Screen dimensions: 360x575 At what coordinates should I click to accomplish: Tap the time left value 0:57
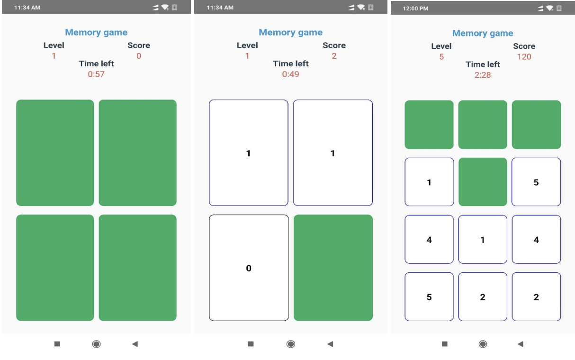96,74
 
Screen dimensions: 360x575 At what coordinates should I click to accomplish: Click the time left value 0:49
290,74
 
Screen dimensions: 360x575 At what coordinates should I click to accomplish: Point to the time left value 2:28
483,75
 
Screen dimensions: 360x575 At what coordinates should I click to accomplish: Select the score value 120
524,57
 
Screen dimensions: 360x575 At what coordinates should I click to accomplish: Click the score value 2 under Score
334,56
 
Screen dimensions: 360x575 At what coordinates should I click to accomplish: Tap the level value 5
441,57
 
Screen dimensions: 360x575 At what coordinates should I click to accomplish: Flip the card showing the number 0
249,268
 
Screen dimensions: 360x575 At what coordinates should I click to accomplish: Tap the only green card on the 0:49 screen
333,268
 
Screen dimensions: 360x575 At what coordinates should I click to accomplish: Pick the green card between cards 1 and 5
483,182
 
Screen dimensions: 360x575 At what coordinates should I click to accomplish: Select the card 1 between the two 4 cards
483,240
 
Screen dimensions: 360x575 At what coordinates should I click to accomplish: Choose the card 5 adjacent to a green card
536,182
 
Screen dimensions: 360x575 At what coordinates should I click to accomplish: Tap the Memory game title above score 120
483,33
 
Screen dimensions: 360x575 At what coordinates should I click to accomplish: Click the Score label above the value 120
524,46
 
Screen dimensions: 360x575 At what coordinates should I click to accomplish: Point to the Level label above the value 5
441,46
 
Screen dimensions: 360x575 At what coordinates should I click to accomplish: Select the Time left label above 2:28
483,64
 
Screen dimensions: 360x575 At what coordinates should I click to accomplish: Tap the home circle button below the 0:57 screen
96,344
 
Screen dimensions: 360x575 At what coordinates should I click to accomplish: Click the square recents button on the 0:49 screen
251,344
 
